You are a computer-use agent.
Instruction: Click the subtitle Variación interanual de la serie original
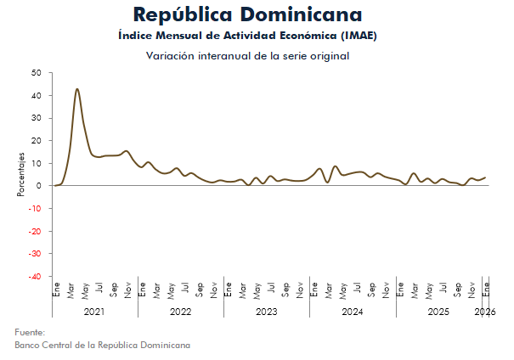pyautogui.click(x=247, y=56)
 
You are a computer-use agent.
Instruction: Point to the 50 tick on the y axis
pyautogui.click(x=36, y=73)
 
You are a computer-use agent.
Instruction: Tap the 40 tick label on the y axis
pyautogui.click(x=36, y=95)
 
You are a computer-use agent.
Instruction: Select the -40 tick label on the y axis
pyautogui.click(x=33, y=277)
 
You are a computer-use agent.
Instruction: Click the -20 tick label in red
pyautogui.click(x=33, y=231)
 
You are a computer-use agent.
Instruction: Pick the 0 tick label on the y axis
pyautogui.click(x=38, y=186)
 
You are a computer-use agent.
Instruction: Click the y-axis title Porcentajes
pyautogui.click(x=20, y=175)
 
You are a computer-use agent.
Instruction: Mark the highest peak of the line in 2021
pyautogui.click(x=77, y=88)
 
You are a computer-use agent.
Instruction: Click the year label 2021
pyautogui.click(x=94, y=312)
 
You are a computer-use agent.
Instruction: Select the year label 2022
pyautogui.click(x=180, y=312)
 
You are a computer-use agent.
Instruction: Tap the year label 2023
pyautogui.click(x=266, y=312)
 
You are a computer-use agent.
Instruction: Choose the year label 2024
pyautogui.click(x=352, y=312)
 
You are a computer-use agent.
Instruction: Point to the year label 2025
pyautogui.click(x=438, y=312)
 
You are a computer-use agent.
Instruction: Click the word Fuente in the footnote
pyautogui.click(x=30, y=333)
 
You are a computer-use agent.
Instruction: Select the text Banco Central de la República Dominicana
pyautogui.click(x=102, y=346)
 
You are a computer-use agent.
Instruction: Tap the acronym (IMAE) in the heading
pyautogui.click(x=356, y=36)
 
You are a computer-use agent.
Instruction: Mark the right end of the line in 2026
pyautogui.click(x=485, y=177)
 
